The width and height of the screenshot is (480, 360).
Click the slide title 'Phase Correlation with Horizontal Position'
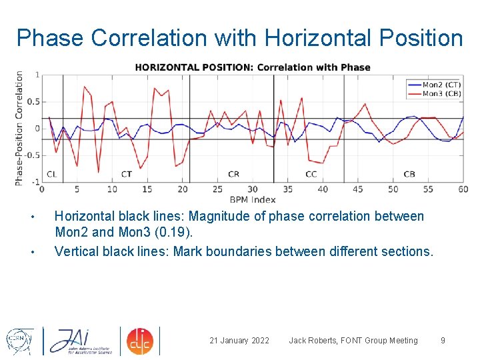coord(239,38)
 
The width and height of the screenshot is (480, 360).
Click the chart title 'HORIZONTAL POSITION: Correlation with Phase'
coord(253,67)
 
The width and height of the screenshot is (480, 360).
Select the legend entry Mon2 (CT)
coord(441,85)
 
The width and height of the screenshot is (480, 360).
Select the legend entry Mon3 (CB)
coord(441,93)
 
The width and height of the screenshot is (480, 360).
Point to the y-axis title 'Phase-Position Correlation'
coord(19,128)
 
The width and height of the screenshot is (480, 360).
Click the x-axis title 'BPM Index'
coord(253,199)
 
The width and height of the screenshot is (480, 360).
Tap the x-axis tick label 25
coord(217,189)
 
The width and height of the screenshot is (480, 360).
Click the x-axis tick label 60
coord(463,189)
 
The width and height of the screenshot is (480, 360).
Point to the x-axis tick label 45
coord(358,189)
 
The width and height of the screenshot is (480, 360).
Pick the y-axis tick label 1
coord(37,75)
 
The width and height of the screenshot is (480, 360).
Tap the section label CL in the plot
coord(52,174)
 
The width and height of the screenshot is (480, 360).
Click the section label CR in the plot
coord(233,174)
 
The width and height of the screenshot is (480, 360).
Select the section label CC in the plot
coord(311,174)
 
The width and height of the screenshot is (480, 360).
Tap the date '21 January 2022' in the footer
coord(239,341)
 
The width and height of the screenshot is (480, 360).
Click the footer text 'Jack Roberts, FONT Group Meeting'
coord(353,341)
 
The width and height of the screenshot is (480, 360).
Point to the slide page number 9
coord(443,341)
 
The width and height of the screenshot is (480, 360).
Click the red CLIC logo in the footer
coord(141,340)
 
